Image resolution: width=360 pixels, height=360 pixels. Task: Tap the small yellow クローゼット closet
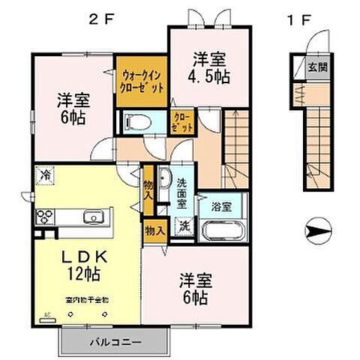pos(181,122)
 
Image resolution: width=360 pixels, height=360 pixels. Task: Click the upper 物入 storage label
pos(148,188)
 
